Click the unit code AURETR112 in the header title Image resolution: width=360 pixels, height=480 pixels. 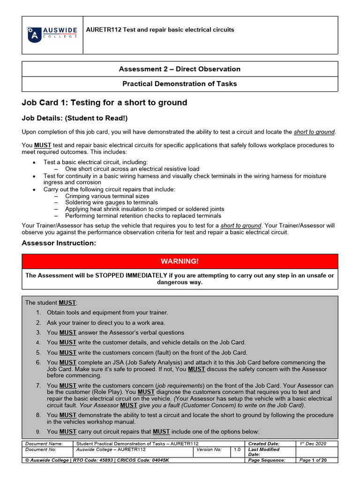tap(104, 30)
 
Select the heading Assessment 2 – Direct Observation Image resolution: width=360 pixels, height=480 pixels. tap(180, 69)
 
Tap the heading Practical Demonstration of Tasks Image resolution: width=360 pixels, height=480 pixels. tap(180, 84)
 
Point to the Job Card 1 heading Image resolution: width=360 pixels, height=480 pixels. tap(105, 103)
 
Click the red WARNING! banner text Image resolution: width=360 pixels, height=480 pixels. tap(180, 261)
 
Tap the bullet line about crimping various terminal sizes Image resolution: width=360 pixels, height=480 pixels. tap(107, 196)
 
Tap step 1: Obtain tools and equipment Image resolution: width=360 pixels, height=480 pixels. tap(107, 312)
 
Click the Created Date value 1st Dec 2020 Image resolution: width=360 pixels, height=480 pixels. tap(313, 443)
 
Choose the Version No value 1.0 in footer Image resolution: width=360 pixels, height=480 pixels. tap(238, 450)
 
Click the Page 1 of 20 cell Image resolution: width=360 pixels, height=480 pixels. tap(313, 460)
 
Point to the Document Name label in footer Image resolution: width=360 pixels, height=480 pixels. tap(44, 443)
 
